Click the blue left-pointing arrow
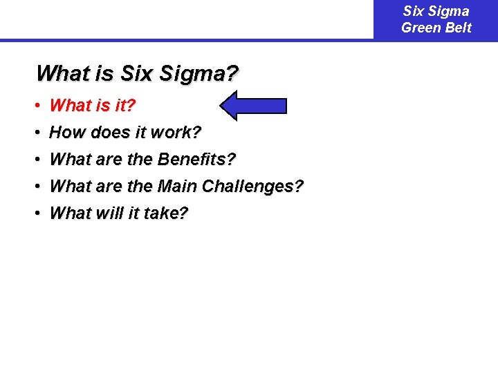pos(252,106)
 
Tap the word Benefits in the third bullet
pos(196,160)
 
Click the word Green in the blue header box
pos(418,28)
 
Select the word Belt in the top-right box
pos(456,28)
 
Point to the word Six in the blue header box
pos(413,11)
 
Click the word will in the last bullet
pos(100,213)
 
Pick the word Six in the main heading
pos(135,73)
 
